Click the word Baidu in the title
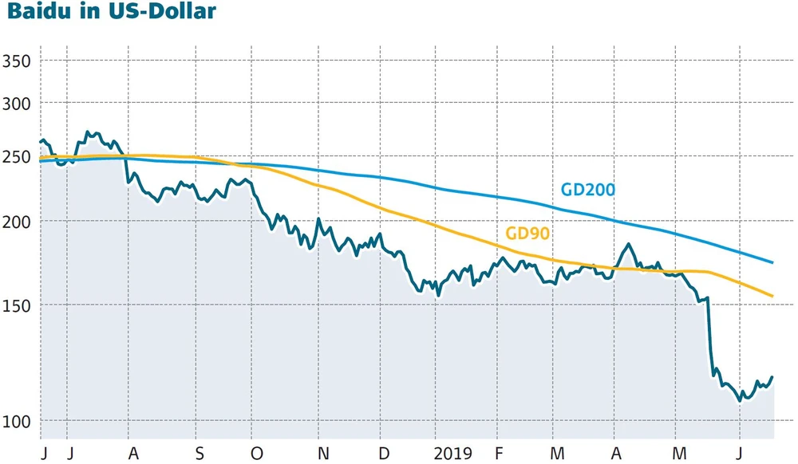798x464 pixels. tap(40, 14)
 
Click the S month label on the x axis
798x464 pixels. tap(199, 453)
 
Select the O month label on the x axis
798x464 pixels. tap(256, 453)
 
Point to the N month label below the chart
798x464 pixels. tap(323, 453)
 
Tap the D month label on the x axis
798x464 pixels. tap(384, 453)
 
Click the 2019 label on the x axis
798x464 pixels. tap(452, 453)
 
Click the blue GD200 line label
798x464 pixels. tap(587, 190)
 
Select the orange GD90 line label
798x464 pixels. tap(529, 234)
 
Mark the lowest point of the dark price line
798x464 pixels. tap(741, 401)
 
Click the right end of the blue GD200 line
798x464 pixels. tap(773, 262)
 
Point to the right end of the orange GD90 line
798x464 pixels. tap(773, 297)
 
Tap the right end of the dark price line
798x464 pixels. tap(772, 377)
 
